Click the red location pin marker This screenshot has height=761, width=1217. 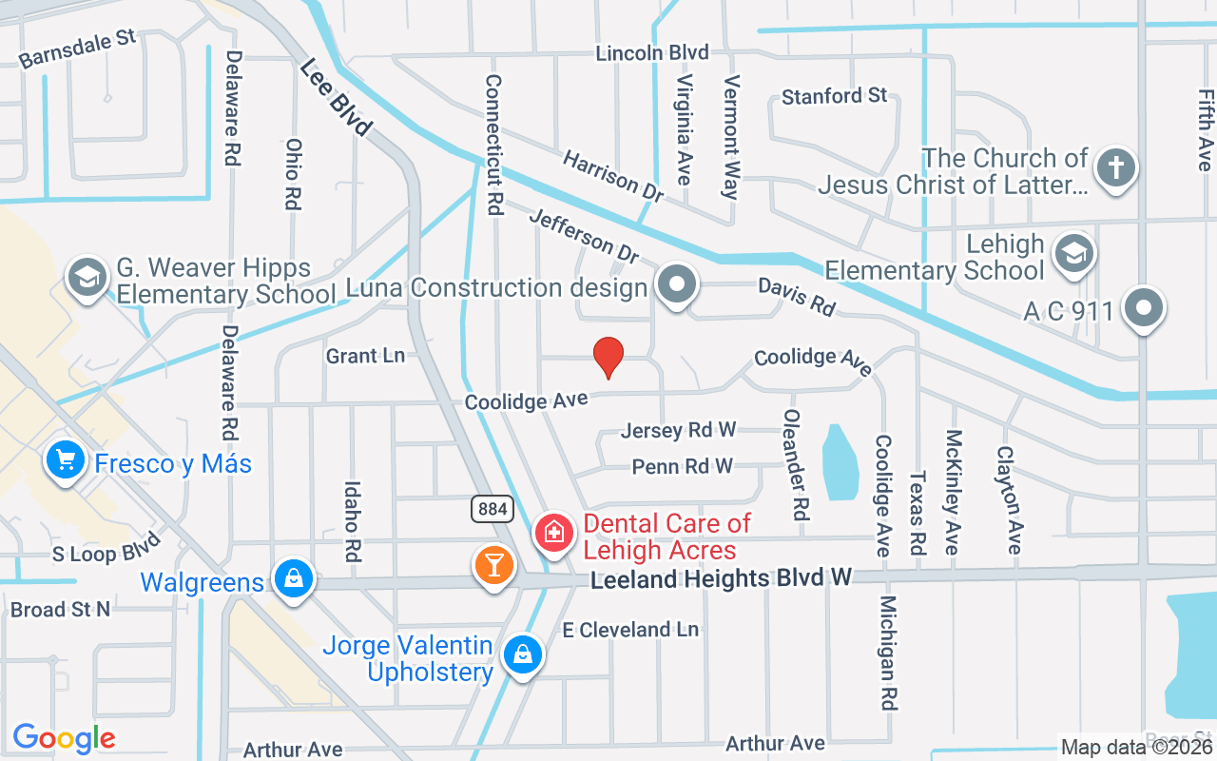[608, 357]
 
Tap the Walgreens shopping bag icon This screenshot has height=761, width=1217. [294, 577]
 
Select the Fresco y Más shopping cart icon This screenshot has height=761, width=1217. [65, 461]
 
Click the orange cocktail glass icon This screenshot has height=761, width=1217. [493, 564]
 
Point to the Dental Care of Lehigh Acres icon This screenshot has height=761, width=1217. [553, 532]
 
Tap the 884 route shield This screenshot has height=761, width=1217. [493, 509]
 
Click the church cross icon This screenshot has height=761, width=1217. [1115, 168]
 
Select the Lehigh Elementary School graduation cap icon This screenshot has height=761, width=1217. [1075, 253]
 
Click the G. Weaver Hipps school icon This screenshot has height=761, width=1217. [87, 278]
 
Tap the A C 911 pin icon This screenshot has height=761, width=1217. [1143, 308]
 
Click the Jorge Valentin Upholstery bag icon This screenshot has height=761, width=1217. [522, 654]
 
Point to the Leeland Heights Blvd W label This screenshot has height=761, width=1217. [721, 578]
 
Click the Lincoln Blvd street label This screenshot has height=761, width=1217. [652, 52]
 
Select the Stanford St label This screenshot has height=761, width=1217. [834, 96]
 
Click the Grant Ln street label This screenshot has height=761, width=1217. [365, 356]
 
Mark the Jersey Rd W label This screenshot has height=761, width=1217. [678, 430]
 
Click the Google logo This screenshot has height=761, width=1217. [64, 738]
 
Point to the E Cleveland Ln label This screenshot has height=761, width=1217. [629, 630]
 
